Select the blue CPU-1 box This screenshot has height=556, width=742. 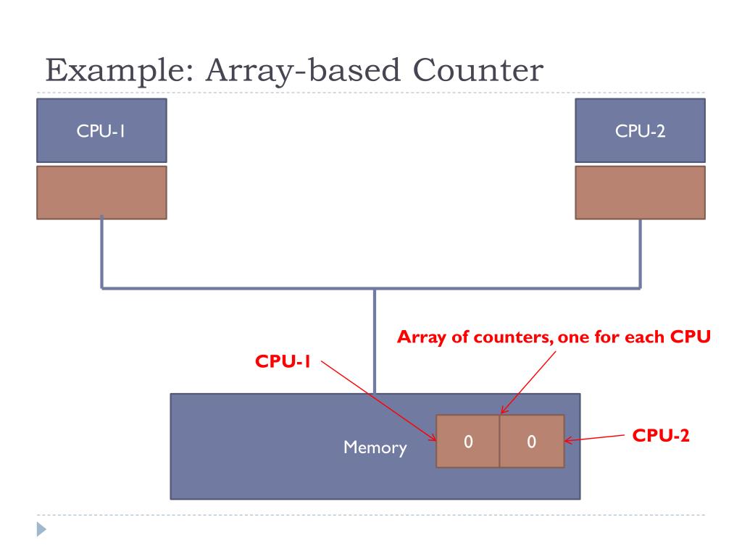coord(101,130)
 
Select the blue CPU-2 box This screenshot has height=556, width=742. coord(640,130)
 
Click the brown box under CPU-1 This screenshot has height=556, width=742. coord(101,192)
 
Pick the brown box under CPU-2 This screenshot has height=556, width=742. coord(640,192)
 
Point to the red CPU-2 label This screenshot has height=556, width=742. coord(660,436)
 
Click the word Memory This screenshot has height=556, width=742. coord(375,447)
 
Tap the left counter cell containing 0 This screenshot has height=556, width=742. coord(468,442)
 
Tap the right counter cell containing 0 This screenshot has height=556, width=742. coord(531,442)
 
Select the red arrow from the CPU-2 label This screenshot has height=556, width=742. coord(594,438)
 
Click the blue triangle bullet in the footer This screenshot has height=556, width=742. coord(41,530)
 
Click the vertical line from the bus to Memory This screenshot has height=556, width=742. coord(375,340)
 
